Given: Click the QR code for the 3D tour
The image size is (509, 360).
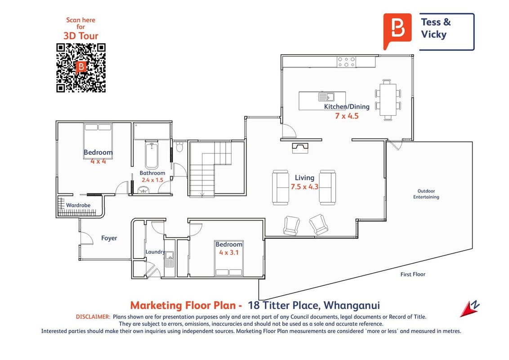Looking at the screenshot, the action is coord(81,67).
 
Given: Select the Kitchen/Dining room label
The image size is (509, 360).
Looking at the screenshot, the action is coord(347,107).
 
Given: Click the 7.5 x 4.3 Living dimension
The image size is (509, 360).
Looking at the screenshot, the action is coord(304,187).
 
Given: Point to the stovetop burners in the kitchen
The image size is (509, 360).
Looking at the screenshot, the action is coord(346,62).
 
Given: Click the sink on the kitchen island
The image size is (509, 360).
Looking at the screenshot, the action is coord(326,97).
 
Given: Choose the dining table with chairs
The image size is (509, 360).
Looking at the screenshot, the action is coord(388,100).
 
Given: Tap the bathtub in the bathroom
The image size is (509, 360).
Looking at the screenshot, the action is coord(152,155).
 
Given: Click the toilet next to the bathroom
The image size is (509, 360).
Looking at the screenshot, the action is coord(179,147).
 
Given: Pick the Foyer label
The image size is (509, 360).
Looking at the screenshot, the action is coord(109,238).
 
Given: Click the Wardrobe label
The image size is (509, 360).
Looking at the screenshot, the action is coord(78,205).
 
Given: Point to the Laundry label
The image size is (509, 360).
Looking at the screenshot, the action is coord(155,252).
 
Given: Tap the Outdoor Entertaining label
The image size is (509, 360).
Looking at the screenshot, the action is coord(426,194).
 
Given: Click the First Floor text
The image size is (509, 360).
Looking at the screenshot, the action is coord(413,274).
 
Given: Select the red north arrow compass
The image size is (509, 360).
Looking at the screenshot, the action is coord(470,309).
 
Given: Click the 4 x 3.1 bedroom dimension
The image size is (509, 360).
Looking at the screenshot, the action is coord(229,252).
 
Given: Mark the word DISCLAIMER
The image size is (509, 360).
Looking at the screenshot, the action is coord(93,317).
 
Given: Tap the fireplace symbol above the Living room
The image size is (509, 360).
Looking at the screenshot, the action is coord(300,148).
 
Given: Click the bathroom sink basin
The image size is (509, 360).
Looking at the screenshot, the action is coord(143,190).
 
